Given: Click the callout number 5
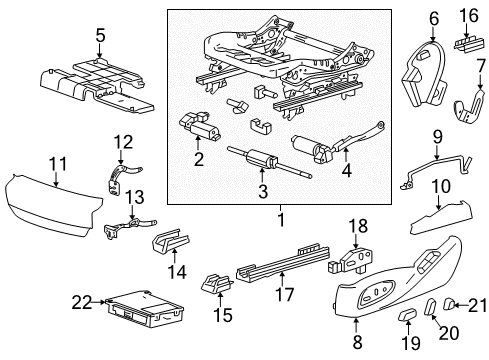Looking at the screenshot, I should (x=99, y=37).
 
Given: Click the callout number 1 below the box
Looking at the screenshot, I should (x=281, y=219).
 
